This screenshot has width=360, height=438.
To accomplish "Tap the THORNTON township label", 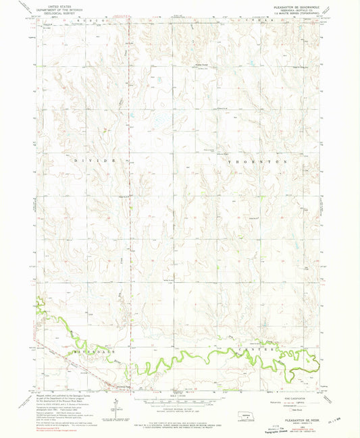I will tap(257, 163).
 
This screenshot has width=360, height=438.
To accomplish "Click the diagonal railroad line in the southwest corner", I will tap(74, 372).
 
